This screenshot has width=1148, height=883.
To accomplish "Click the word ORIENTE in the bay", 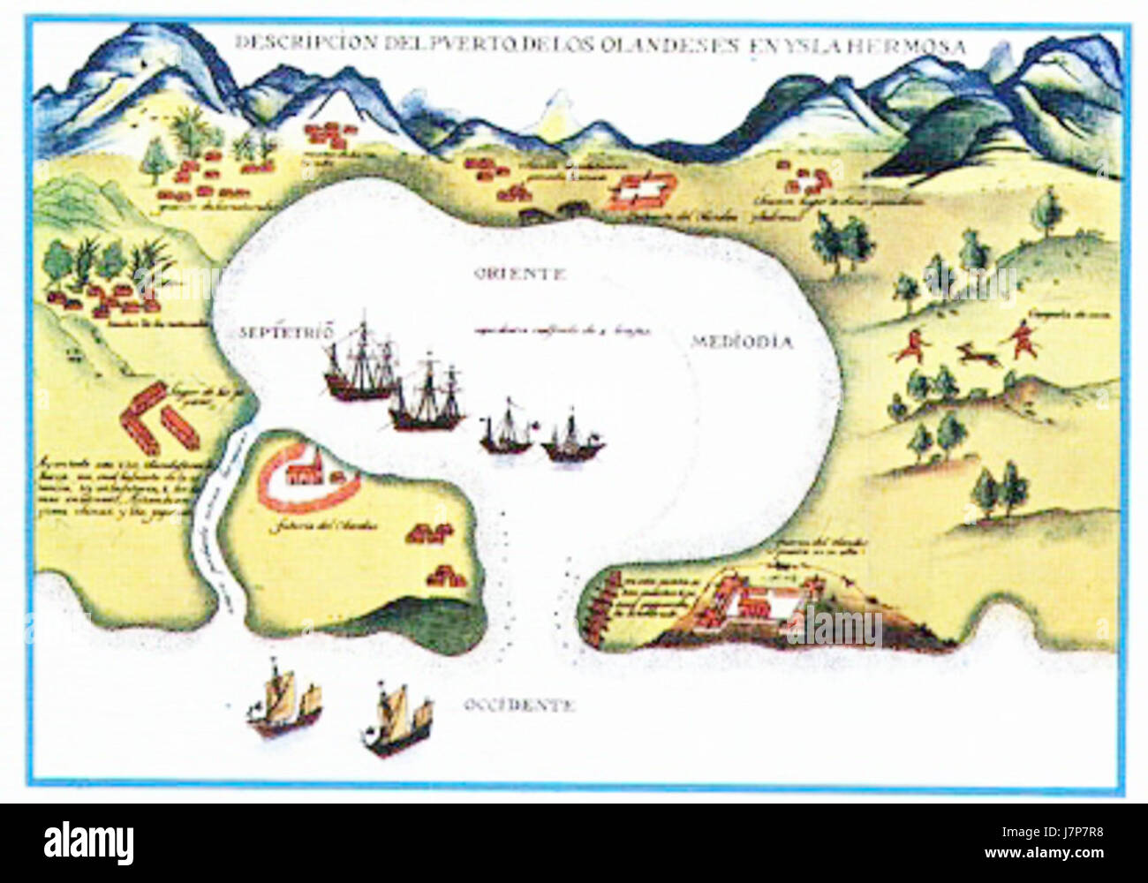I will (x=517, y=274).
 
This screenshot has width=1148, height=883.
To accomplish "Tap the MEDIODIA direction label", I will (x=743, y=343).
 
